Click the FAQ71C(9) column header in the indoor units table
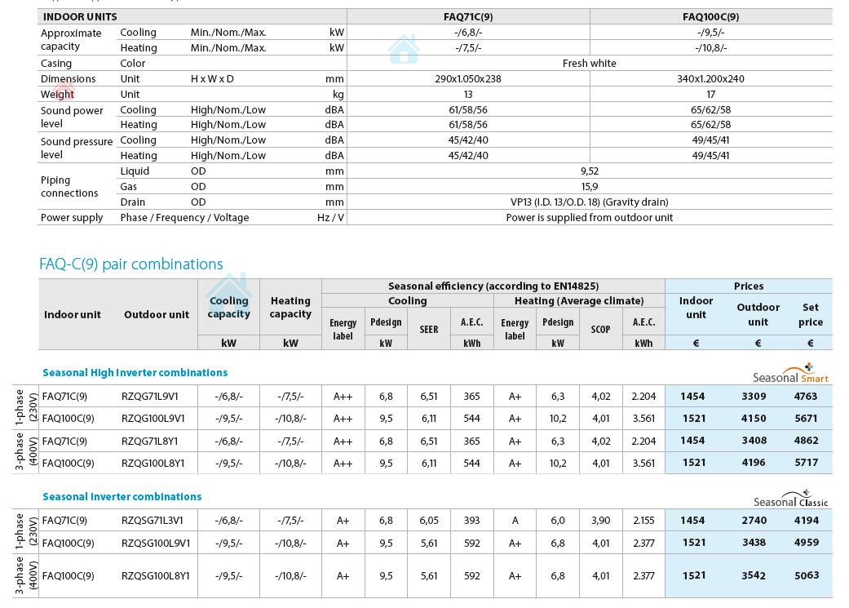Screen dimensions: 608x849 coord(467,16)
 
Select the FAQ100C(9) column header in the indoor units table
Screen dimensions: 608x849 coord(710,16)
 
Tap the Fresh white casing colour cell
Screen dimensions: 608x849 coord(589,63)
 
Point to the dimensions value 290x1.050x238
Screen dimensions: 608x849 coord(467,78)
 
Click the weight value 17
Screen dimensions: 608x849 coord(710,94)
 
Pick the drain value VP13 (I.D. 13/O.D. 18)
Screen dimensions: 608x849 coord(589,202)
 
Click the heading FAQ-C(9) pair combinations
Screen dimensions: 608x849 coord(130,264)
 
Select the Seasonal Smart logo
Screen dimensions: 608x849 coord(791,374)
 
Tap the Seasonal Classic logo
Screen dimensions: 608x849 coord(791,498)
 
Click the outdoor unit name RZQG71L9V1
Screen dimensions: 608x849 coord(149,396)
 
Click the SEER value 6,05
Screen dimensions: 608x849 coord(428,520)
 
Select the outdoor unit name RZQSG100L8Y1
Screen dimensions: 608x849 coord(155,575)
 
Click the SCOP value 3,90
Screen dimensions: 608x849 coord(600,520)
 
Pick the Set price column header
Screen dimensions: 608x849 coord(810,314)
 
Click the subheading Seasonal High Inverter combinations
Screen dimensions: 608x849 coord(135,372)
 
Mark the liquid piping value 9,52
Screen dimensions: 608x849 coord(589,171)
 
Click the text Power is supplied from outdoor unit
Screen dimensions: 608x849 coord(589,217)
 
